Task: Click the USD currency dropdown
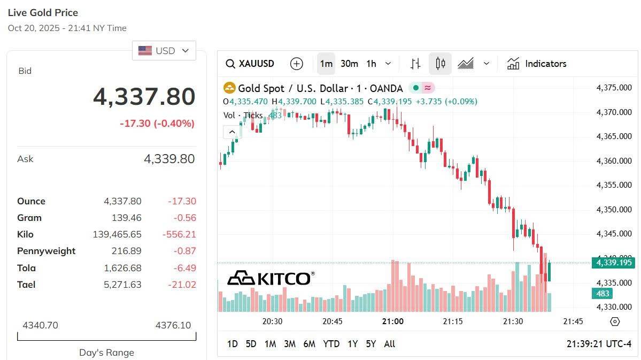tap(164, 51)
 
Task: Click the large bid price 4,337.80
tap(144, 97)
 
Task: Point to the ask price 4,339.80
tap(169, 159)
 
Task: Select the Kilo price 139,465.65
tap(117, 234)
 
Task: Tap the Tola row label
tap(26, 268)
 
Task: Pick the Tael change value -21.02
tap(182, 285)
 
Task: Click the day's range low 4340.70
tap(40, 325)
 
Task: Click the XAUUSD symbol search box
tap(250, 64)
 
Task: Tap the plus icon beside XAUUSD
tap(296, 64)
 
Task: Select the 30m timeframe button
tap(349, 64)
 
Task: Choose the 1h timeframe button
tap(371, 64)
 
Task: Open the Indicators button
tap(537, 64)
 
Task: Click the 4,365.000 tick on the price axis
tap(614, 136)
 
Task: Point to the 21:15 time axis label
tap(452, 321)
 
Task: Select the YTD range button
tap(331, 344)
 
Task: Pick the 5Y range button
tap(370, 344)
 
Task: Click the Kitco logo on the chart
tap(271, 278)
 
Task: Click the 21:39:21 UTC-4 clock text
tap(599, 344)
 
